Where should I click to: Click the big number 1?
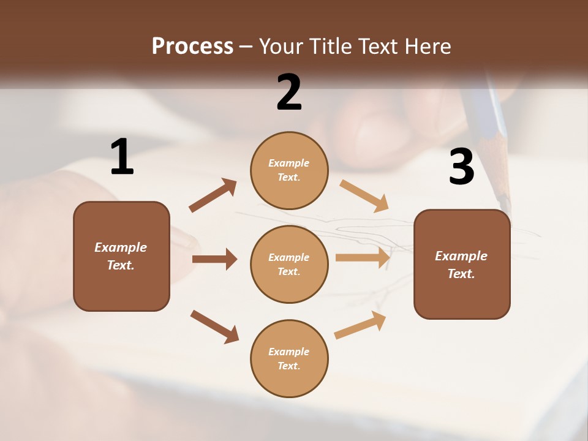(122, 157)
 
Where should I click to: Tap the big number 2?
(289, 92)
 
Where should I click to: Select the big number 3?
(462, 167)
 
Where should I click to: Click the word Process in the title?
(192, 46)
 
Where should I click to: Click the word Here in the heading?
(427, 46)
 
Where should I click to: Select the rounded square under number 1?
(121, 256)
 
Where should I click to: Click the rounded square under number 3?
(462, 264)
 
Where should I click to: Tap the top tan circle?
(289, 170)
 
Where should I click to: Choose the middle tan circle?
(289, 264)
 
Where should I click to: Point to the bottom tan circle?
(289, 358)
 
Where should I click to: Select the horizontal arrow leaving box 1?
(214, 259)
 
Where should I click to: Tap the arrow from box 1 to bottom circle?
(214, 326)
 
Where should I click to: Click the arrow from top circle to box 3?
(364, 196)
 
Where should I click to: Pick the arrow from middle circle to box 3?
(363, 257)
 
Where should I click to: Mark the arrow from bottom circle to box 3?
(360, 325)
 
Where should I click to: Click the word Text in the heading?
(379, 46)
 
